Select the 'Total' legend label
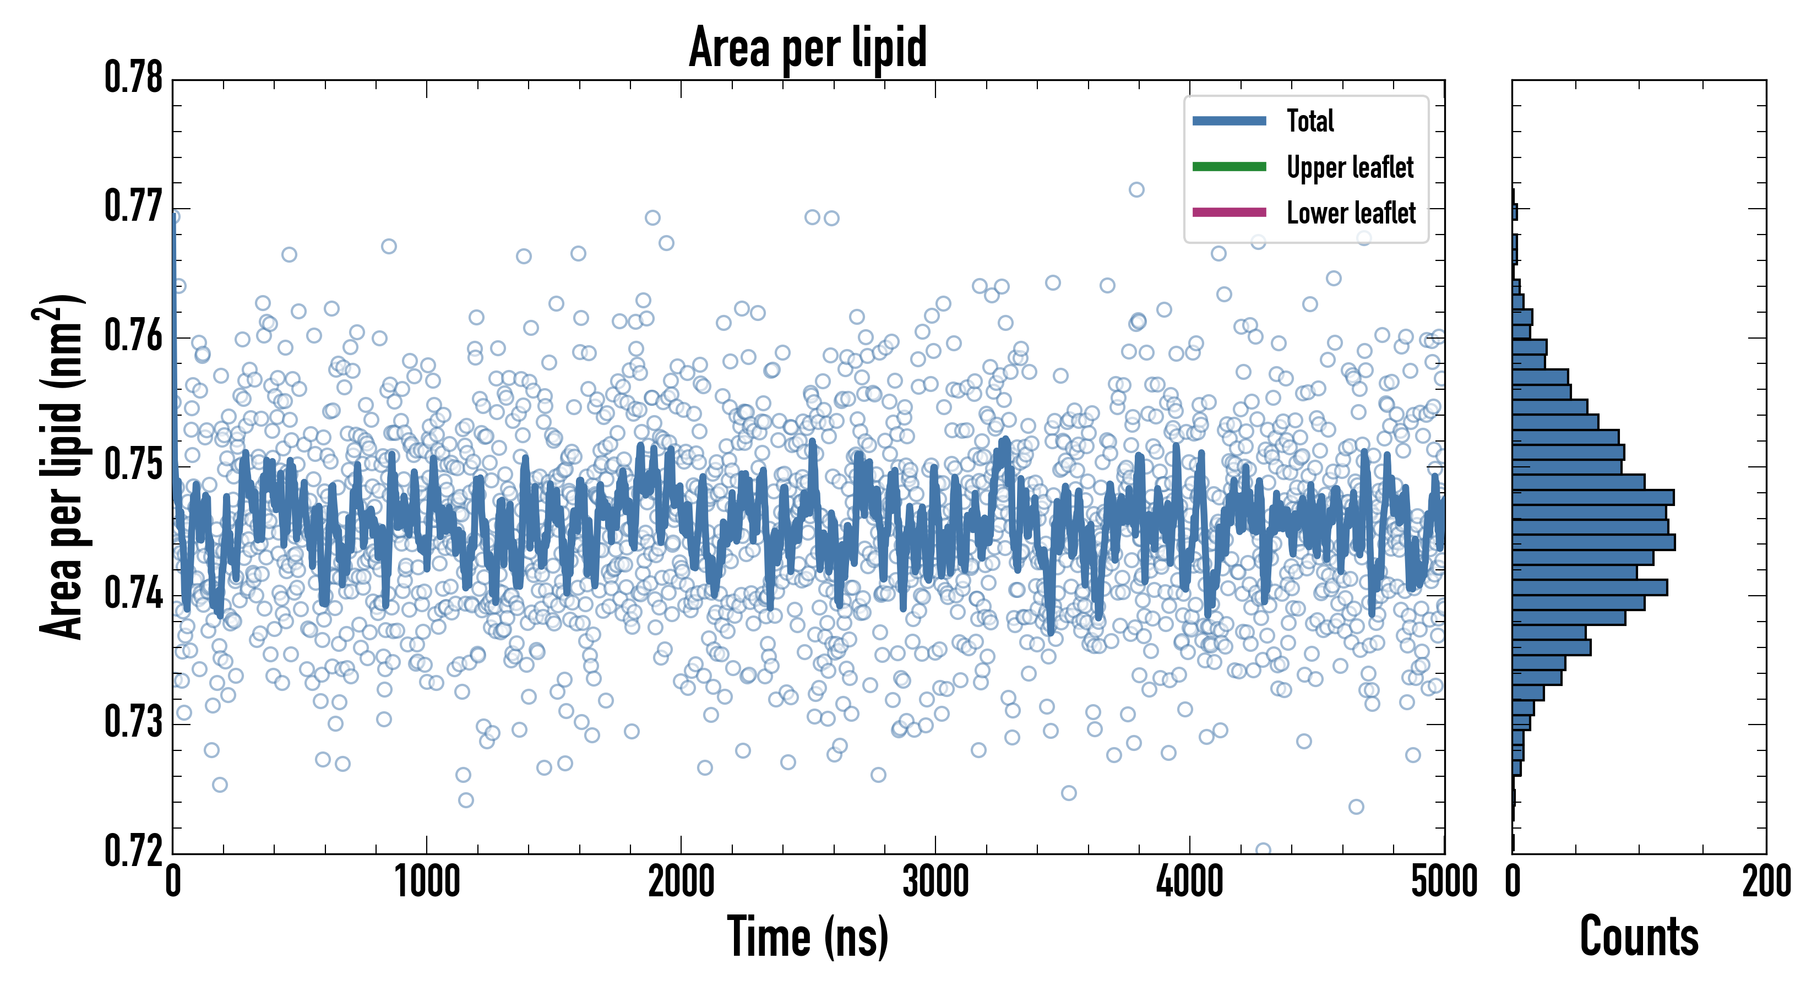coord(1310,121)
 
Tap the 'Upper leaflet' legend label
coord(1350,167)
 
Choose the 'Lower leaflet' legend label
coord(1351,213)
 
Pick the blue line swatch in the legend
coord(1229,121)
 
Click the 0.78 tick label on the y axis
coord(133,78)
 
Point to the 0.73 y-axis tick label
coord(133,723)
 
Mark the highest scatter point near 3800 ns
coord(1136,190)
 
